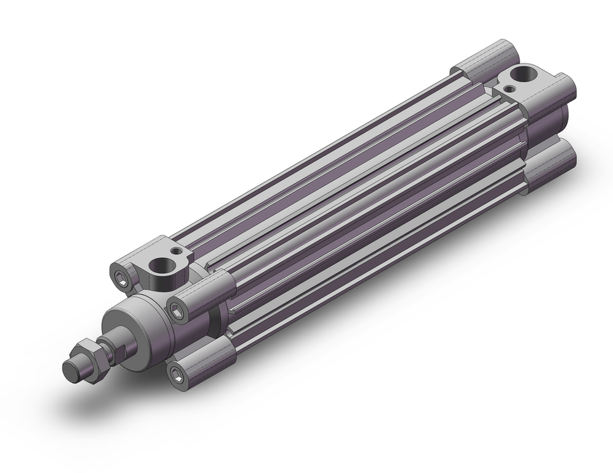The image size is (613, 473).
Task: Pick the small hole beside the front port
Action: click(178, 251)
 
